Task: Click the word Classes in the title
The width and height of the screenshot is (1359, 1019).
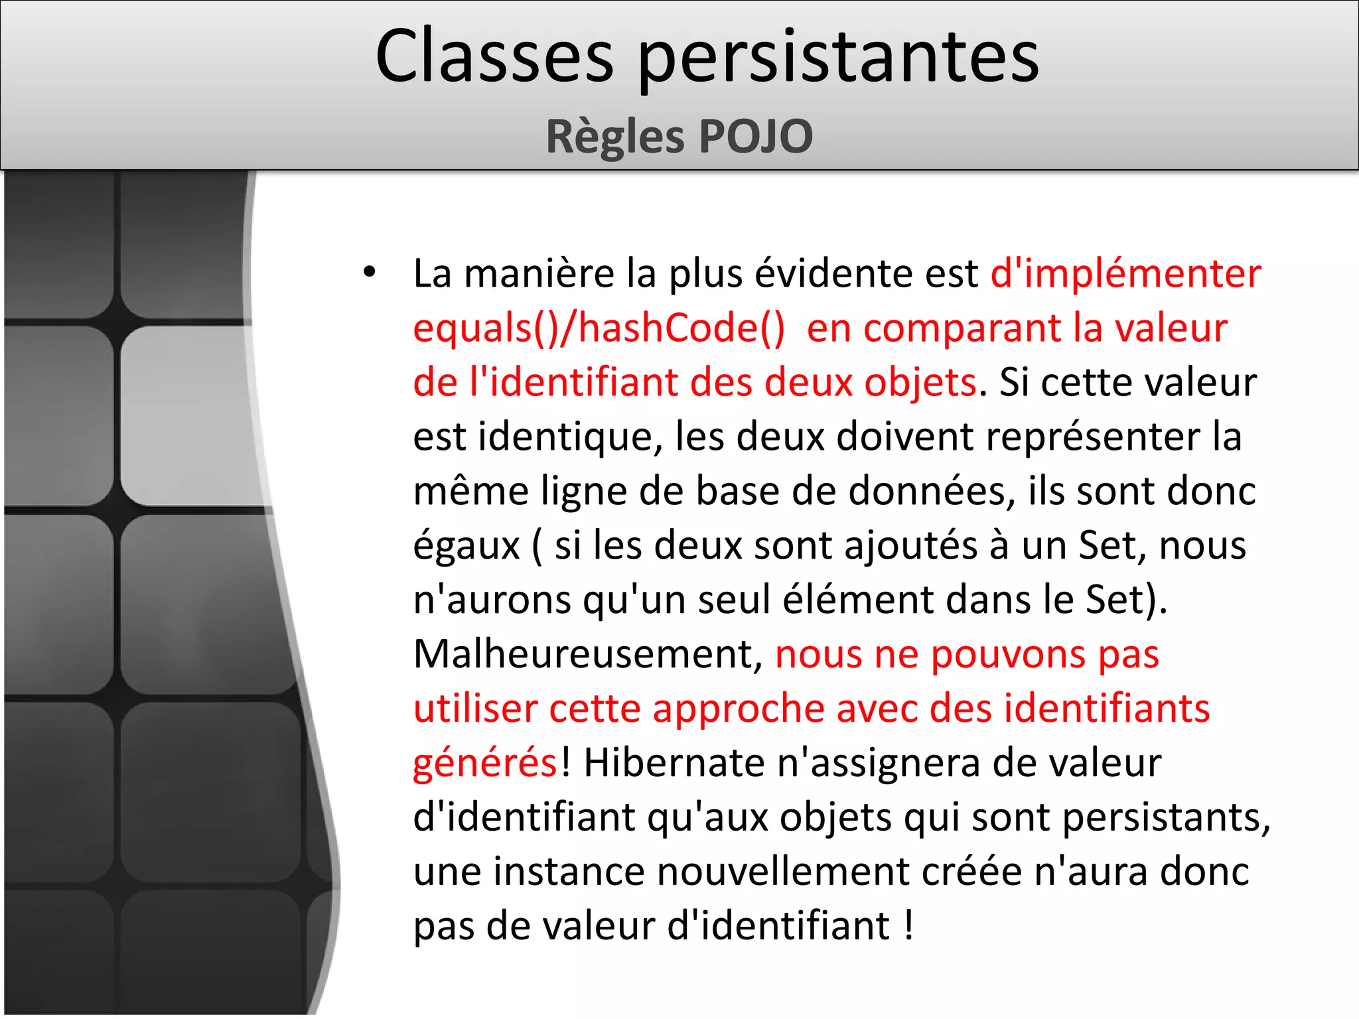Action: (x=494, y=57)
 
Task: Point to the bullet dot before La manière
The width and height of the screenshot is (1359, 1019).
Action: (x=370, y=272)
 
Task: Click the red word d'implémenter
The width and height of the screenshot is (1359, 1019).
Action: (x=1125, y=273)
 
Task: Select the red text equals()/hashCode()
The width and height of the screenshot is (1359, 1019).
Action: (x=599, y=328)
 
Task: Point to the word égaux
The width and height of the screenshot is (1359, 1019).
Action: (x=466, y=547)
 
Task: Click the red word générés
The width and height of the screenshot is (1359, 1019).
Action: (x=485, y=764)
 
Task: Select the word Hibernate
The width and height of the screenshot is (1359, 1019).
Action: (x=674, y=763)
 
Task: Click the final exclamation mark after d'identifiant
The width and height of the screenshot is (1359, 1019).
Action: (x=908, y=925)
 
